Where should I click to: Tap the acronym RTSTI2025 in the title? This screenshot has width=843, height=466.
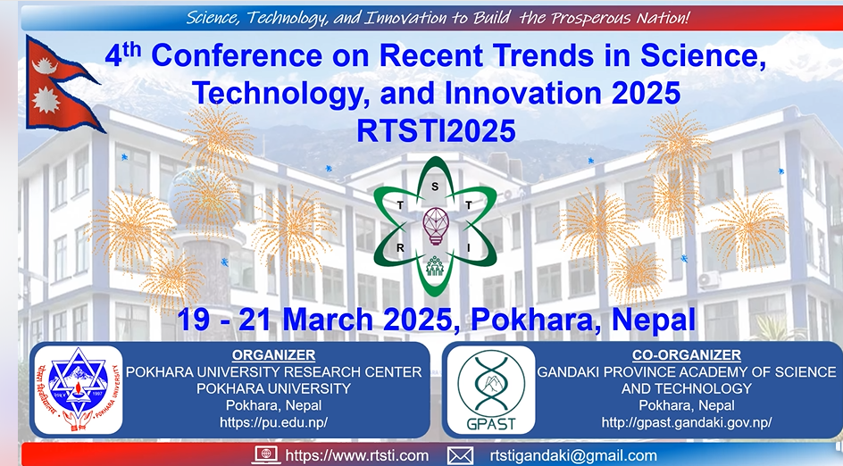(436, 130)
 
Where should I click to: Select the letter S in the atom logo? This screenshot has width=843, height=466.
(435, 186)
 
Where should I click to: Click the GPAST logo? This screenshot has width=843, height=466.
(487, 389)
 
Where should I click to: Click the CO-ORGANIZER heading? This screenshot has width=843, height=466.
(686, 355)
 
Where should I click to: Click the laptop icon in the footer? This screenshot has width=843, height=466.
(267, 455)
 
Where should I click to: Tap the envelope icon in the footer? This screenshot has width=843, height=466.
(460, 455)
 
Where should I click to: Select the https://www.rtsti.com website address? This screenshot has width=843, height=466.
(357, 455)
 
